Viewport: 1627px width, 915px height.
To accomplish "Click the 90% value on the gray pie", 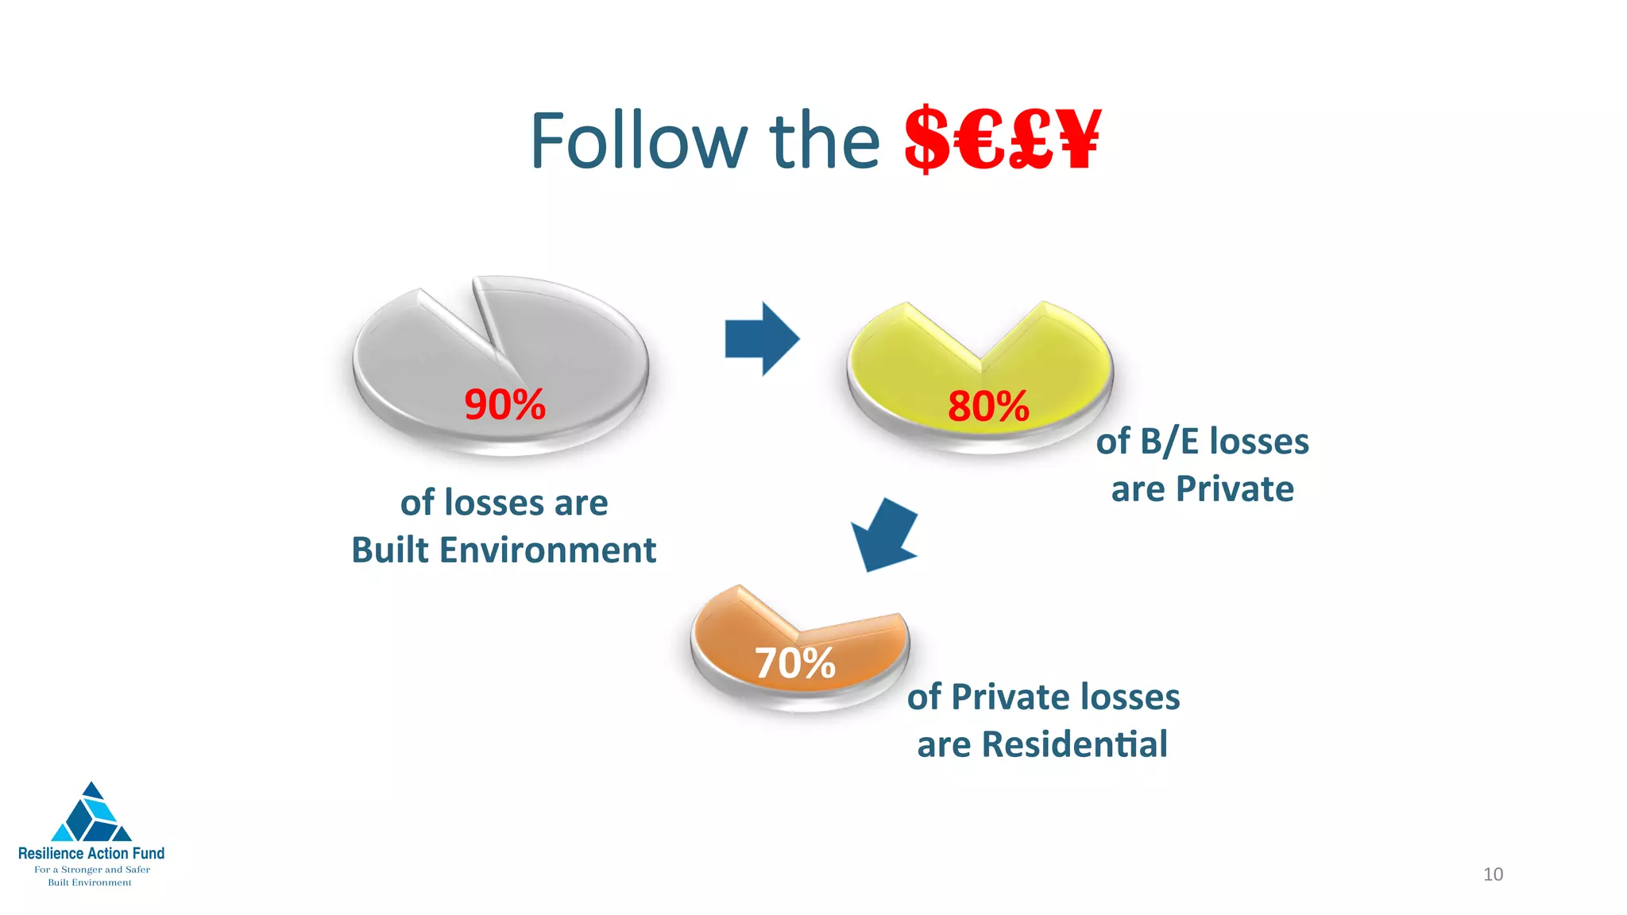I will pos(505,404).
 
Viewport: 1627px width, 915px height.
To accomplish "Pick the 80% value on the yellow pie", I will pos(988,406).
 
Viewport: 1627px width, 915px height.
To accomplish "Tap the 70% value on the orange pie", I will pos(795,662).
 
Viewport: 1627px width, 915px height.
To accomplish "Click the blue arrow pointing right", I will pos(762,339).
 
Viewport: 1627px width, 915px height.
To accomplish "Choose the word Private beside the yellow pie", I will pos(1235,488).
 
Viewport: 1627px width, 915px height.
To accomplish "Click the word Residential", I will pos(1074,744).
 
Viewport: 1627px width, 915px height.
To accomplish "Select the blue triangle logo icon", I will pos(91,813).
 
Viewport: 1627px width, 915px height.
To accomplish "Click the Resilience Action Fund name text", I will pos(91,853).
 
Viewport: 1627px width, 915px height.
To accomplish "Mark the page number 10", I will pos(1493,874).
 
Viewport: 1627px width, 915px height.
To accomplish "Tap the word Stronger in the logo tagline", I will pos(82,870).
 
